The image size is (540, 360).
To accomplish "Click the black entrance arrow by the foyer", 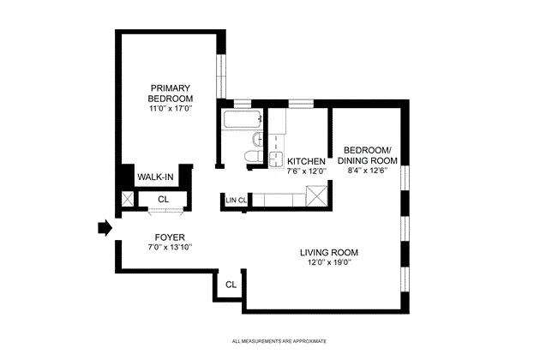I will point(104,228).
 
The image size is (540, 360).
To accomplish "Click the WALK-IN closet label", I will point(156,177).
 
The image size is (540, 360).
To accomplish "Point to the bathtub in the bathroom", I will point(242,119).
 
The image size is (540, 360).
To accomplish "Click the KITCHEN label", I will point(306,161).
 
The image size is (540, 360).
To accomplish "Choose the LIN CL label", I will point(237,201).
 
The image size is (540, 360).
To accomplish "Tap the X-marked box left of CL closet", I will point(127,200).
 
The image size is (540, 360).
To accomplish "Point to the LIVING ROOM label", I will point(328,252).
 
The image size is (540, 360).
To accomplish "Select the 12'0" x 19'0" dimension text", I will point(328,262).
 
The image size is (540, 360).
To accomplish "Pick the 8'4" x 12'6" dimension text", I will point(367,170).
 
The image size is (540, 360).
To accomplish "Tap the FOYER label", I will point(169,237).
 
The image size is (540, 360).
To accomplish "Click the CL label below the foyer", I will point(231,285).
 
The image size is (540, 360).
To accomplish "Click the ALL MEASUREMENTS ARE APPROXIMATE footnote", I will point(279,342).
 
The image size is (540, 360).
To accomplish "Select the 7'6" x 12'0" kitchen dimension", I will point(306,171).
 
